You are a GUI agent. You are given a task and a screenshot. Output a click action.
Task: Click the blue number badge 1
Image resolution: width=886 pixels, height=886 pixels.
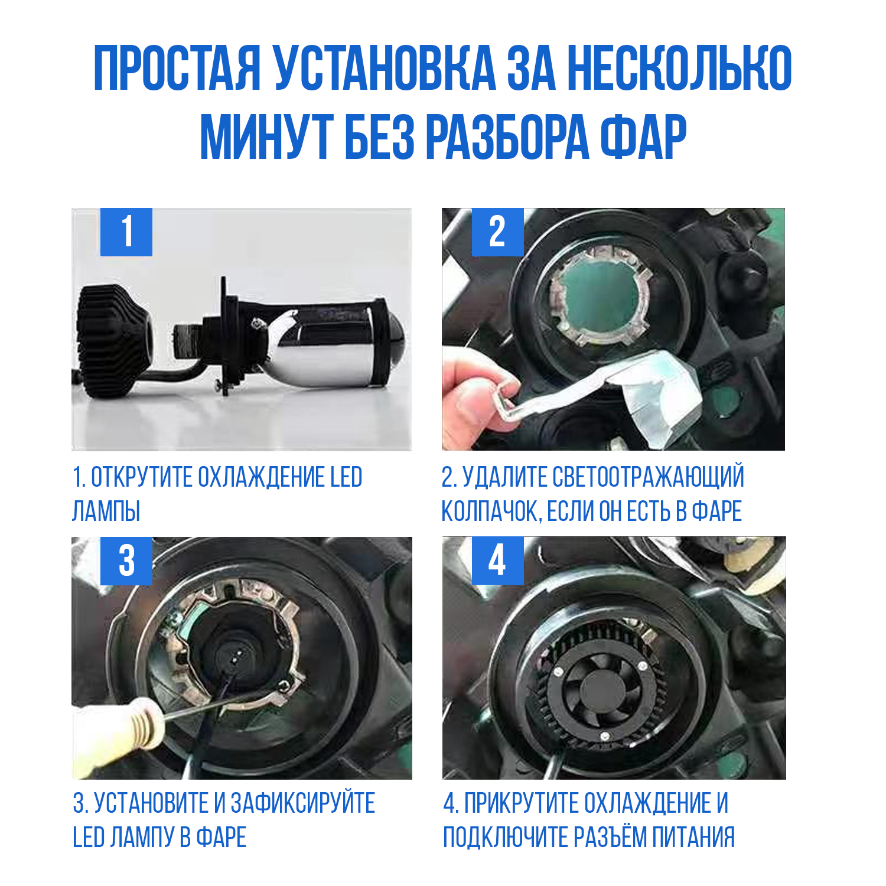(x=126, y=232)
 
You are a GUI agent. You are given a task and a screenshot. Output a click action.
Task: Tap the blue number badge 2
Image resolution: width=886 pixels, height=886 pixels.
(x=497, y=232)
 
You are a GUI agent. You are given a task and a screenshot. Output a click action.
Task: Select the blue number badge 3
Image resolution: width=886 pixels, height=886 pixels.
(x=126, y=561)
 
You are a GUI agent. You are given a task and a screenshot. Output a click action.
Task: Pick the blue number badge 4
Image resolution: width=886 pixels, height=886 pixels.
(x=497, y=561)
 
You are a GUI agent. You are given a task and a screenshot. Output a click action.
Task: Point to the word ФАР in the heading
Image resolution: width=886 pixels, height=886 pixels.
(x=643, y=137)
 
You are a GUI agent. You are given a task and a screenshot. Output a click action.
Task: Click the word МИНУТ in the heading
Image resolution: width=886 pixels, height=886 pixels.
(x=265, y=137)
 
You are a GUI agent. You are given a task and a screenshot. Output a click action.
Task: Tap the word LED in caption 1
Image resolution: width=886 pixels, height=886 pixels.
(x=346, y=477)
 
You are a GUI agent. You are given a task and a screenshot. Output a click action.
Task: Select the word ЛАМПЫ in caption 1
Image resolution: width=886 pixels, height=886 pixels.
(x=106, y=512)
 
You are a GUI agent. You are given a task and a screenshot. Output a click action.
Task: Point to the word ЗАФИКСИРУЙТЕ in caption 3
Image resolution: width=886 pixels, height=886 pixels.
(x=303, y=803)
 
